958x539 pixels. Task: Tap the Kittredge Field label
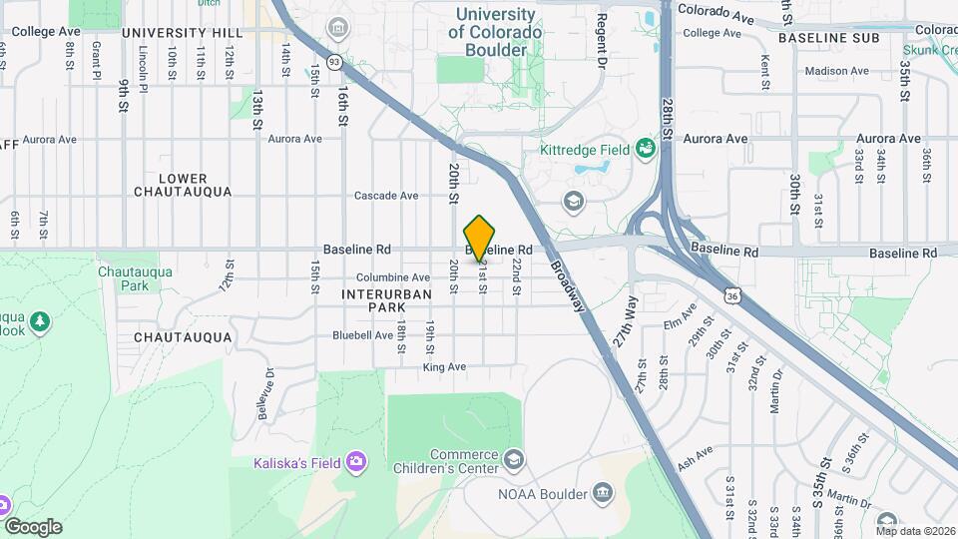[585, 150]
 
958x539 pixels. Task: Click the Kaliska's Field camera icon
[356, 462]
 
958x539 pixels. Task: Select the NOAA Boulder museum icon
[602, 492]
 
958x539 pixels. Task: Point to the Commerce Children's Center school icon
[514, 460]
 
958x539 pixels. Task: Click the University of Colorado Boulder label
[495, 32]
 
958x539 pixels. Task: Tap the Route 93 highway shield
[334, 62]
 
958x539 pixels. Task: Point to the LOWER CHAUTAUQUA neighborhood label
[183, 185]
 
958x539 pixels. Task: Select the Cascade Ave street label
[386, 196]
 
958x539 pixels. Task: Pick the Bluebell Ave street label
[362, 335]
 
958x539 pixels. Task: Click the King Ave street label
[444, 367]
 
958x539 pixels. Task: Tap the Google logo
[33, 527]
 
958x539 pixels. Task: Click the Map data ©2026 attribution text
[915, 531]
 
